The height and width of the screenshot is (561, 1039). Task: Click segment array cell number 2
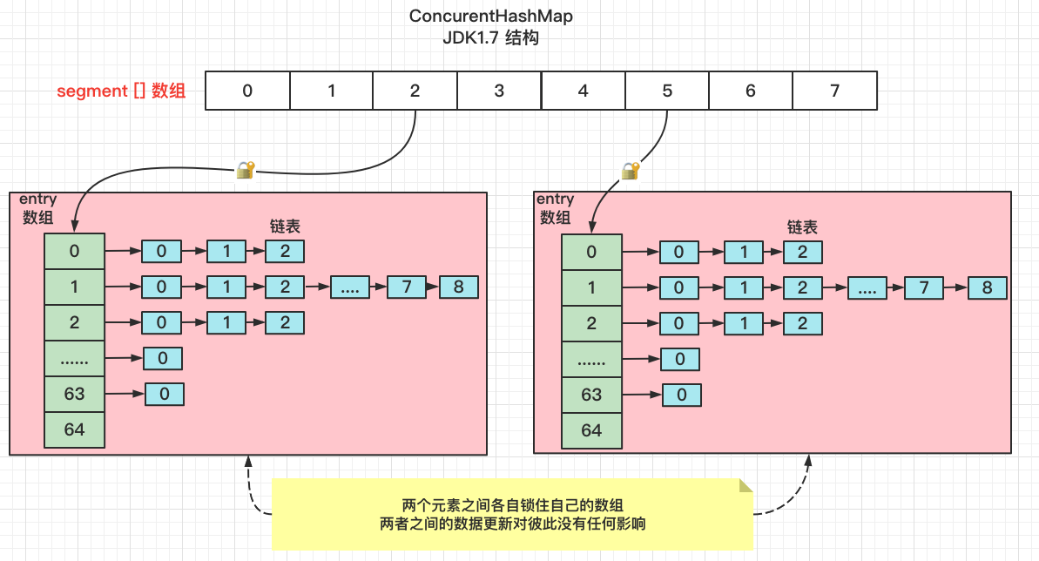point(415,91)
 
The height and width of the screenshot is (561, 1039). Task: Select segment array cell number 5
point(667,91)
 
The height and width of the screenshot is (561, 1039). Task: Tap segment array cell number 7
point(834,91)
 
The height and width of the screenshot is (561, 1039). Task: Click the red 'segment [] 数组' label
point(121,91)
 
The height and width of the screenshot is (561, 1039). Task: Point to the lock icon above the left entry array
point(246,169)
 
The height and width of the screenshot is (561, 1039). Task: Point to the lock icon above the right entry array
point(630,170)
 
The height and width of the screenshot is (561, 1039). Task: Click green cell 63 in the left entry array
point(74,394)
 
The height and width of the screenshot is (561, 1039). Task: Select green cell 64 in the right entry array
point(591,430)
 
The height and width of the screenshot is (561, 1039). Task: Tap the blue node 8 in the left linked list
point(458,287)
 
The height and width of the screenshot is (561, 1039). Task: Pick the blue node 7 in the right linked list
point(923,288)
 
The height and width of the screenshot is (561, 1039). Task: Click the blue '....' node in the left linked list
point(349,287)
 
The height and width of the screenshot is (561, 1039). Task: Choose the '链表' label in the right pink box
point(802,227)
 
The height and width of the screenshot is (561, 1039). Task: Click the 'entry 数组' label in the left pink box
point(37,209)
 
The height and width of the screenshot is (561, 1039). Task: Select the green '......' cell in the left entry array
point(74,358)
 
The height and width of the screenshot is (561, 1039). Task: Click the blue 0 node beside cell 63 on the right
point(681,395)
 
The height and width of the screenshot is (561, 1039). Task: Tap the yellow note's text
point(513,515)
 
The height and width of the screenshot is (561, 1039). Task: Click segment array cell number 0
point(247,91)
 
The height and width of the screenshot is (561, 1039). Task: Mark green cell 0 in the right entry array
point(591,252)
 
